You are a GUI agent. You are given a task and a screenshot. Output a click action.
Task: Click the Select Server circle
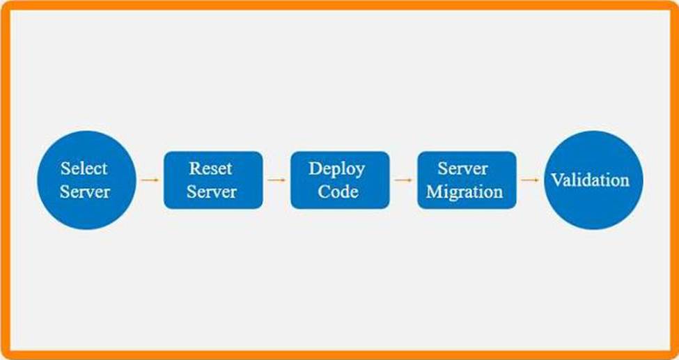[86, 180]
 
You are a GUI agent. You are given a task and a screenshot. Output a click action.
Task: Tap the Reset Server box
[213, 180]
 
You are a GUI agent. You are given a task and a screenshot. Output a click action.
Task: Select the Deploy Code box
[340, 180]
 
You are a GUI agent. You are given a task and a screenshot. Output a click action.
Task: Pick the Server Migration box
[467, 180]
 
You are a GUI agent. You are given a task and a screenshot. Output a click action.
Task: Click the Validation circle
[593, 180]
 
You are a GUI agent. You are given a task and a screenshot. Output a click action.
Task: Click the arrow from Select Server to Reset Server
[150, 180]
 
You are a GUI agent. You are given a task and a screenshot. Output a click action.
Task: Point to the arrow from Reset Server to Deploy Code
[276, 180]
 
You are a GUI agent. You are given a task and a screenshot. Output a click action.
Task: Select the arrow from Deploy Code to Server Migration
[403, 180]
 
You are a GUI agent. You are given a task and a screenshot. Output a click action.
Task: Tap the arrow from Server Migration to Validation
[530, 180]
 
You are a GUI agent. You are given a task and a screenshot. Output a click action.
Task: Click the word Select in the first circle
[84, 168]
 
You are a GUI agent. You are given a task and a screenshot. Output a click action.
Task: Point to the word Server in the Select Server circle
[85, 192]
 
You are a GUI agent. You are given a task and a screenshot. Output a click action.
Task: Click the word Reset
[211, 168]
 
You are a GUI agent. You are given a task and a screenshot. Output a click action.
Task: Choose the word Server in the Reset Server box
[212, 192]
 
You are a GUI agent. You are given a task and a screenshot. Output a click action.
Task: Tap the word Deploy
[336, 169]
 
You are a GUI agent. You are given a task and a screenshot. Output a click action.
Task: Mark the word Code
[338, 192]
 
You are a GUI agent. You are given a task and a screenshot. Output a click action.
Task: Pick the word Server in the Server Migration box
[463, 168]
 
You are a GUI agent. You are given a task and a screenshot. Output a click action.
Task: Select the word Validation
[591, 180]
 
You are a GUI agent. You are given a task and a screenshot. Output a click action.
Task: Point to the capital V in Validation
[556, 180]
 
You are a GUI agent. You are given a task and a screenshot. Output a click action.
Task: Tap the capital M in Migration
[434, 192]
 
